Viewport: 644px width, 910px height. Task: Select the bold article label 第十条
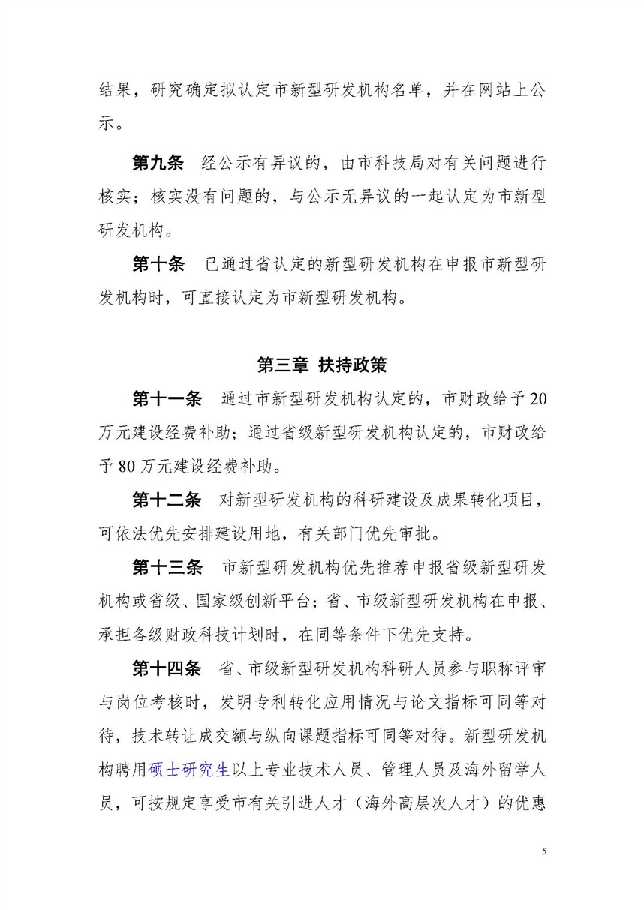[x=158, y=265]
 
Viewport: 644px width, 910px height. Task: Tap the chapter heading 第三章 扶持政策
[x=321, y=365]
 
